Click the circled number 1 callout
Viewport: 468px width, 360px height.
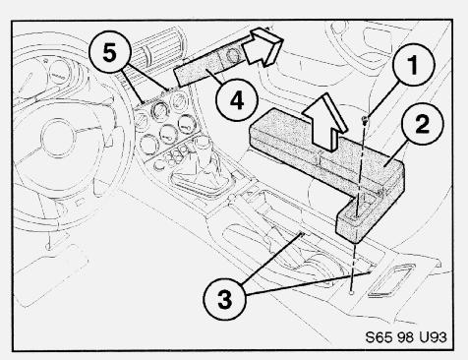coord(413,65)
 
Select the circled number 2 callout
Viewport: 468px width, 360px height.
coord(422,124)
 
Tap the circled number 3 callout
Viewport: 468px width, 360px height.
coord(224,299)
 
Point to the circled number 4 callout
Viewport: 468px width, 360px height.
coord(237,100)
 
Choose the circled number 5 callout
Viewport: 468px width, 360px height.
coord(109,52)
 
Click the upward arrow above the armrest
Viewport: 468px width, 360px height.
coord(324,124)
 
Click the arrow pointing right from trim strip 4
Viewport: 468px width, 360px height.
coord(263,46)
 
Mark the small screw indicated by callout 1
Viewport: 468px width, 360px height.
coord(364,119)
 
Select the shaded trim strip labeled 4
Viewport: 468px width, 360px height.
coord(209,67)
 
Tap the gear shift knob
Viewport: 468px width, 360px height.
coord(203,146)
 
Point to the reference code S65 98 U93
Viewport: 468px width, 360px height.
coord(406,337)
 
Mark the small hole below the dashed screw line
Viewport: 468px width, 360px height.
coord(351,292)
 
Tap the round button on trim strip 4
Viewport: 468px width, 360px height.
coord(233,54)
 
